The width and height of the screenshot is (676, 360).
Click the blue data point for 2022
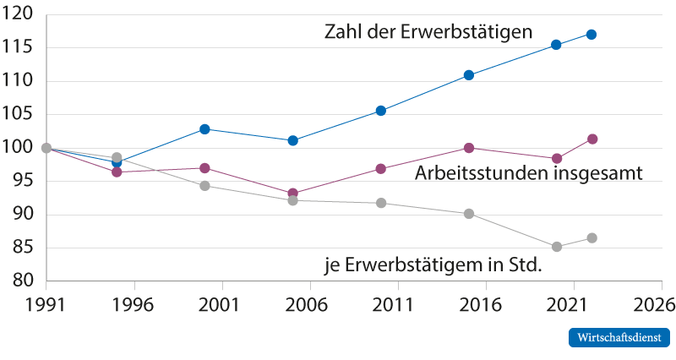(x=591, y=35)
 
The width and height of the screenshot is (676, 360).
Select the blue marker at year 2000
(x=204, y=129)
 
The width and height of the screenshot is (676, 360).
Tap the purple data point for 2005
(x=292, y=194)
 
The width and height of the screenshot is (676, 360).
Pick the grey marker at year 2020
(x=557, y=247)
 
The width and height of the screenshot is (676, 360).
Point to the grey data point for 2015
(x=469, y=214)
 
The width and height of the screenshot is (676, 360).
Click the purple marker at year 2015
(x=469, y=148)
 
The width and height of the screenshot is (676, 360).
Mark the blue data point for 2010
(x=381, y=111)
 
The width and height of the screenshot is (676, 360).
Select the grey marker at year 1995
(x=117, y=158)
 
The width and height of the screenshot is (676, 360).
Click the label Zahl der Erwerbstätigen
(x=428, y=33)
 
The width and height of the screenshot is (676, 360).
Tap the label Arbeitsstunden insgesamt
(x=530, y=174)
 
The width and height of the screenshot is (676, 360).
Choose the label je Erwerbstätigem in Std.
(x=433, y=265)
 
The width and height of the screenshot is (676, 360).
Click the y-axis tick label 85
(x=22, y=248)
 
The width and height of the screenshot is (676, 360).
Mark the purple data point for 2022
(x=592, y=139)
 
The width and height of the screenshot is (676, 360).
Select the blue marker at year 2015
(x=469, y=75)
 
